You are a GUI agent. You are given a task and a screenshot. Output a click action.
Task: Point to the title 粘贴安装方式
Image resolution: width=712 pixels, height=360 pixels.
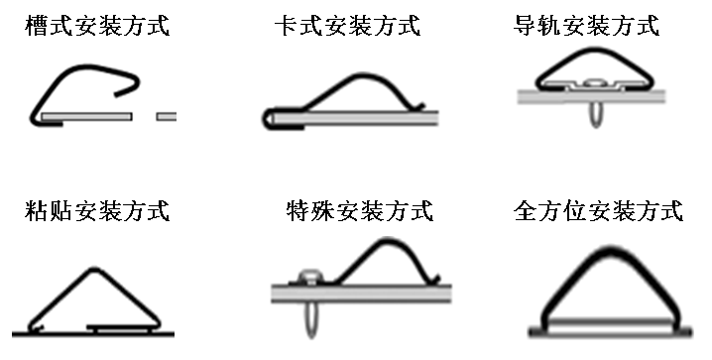click(96, 210)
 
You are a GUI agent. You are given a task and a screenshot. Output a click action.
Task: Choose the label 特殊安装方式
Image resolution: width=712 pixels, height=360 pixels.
click(358, 210)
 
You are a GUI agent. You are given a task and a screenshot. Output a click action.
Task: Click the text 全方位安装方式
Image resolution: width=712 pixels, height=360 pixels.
click(599, 210)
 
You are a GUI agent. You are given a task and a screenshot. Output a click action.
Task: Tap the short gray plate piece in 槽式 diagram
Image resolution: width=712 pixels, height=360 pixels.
click(167, 117)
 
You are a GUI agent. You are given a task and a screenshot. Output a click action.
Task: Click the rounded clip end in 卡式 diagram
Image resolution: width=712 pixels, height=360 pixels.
click(268, 119)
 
